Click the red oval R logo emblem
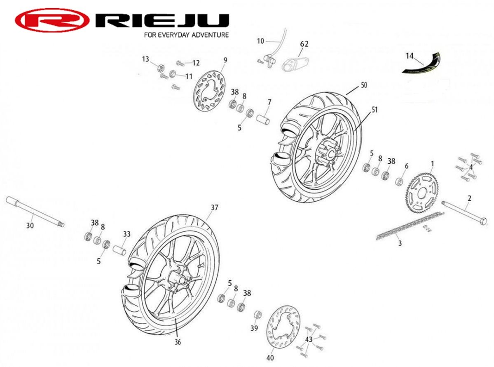click(x=52, y=20)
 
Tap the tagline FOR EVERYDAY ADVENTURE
click(x=186, y=35)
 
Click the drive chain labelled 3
click(x=410, y=226)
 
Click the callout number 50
click(x=363, y=85)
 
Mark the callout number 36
click(x=178, y=341)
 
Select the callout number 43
click(x=309, y=339)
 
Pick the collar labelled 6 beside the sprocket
click(x=399, y=181)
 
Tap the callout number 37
click(x=214, y=207)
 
